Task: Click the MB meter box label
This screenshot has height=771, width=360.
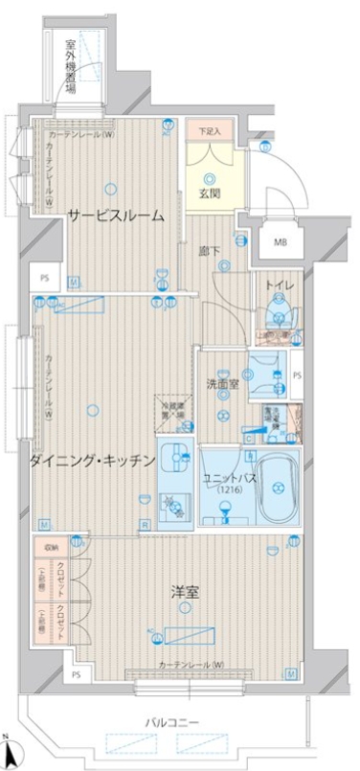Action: click(281, 241)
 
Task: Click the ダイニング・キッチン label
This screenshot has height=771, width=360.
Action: click(92, 461)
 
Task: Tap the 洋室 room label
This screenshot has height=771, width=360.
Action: click(187, 594)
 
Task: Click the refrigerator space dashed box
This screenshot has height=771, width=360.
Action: click(171, 409)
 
